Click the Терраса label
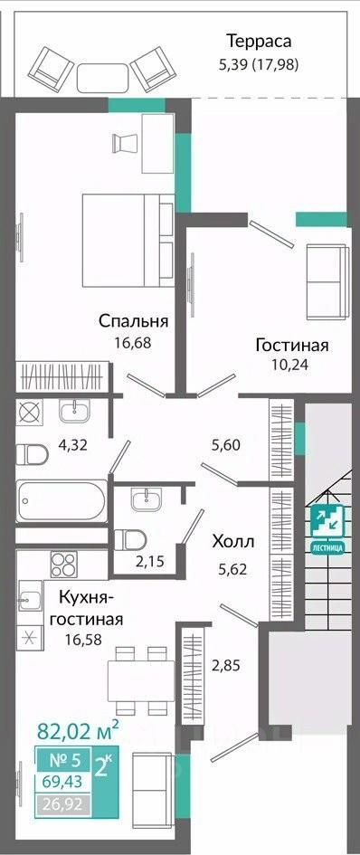[x=259, y=41]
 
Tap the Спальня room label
[x=133, y=321]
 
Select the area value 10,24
[x=290, y=365]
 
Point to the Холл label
[x=233, y=542]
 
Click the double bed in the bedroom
[x=128, y=241]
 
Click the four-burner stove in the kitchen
[x=64, y=564]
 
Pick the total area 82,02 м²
[x=78, y=730]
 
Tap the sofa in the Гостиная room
[x=327, y=282]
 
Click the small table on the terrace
[x=102, y=78]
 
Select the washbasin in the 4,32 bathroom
[x=75, y=410]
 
